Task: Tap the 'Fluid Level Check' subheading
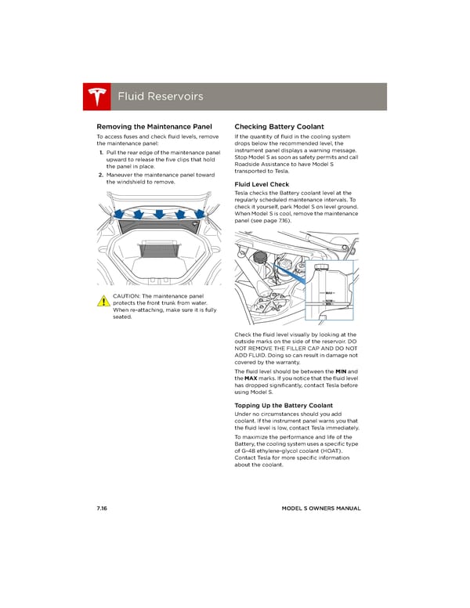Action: click(x=262, y=184)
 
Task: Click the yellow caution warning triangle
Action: click(x=103, y=301)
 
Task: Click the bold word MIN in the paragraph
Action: click(x=340, y=371)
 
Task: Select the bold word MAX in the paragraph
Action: click(x=252, y=378)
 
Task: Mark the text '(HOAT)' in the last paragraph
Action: click(x=326, y=451)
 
